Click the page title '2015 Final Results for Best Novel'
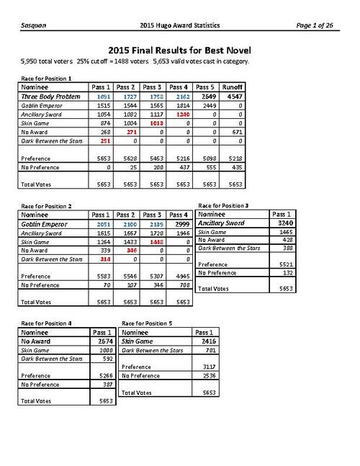point(179,50)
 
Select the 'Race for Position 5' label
point(147,323)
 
